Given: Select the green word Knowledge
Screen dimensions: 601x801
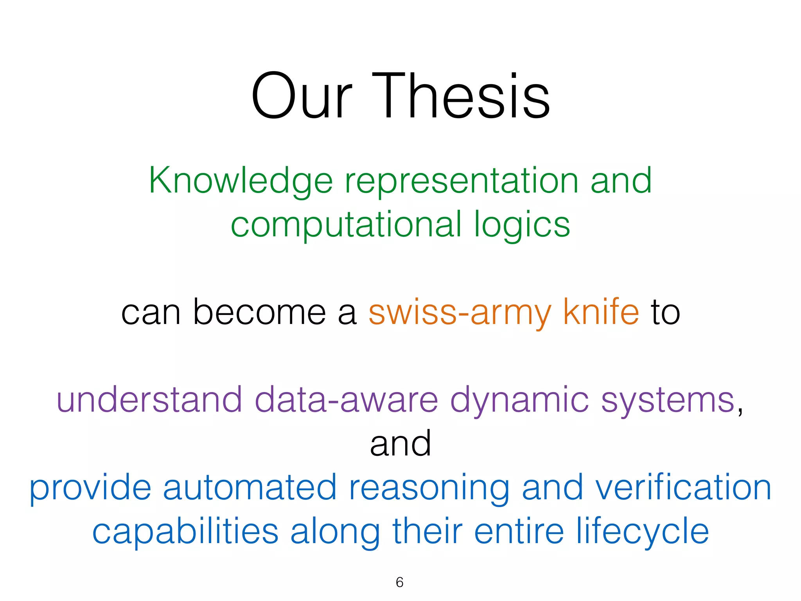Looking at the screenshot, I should [x=241, y=181].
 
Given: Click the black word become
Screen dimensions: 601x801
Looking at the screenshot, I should [x=259, y=312].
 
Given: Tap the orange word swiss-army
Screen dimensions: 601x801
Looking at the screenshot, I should [x=460, y=312].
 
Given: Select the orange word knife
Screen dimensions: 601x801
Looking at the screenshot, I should [x=601, y=312].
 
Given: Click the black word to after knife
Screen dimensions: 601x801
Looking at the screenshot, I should [x=665, y=312].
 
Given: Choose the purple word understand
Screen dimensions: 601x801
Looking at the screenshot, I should [x=149, y=400].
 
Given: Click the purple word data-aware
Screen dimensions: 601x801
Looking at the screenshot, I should [x=346, y=400].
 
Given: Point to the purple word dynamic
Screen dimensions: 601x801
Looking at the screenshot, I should [x=519, y=400].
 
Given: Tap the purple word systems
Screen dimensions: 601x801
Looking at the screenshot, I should [x=668, y=400].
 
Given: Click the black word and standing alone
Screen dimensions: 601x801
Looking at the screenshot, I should [x=400, y=444].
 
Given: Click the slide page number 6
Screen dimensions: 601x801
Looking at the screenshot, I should [x=399, y=582].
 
